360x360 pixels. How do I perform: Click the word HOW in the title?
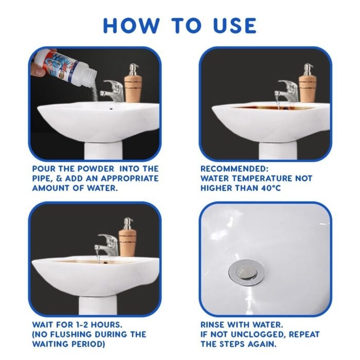point(131,25)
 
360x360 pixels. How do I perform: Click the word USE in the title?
point(235,25)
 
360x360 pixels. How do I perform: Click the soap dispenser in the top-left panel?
point(133,83)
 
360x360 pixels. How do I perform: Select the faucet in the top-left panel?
point(112,91)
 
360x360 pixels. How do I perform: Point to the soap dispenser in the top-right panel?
point(308,83)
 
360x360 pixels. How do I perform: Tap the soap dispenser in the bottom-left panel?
point(128,237)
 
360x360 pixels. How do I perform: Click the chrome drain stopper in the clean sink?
point(246,273)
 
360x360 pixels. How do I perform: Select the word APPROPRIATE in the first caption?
point(130,178)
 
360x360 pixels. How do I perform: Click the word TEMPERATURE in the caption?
point(259,178)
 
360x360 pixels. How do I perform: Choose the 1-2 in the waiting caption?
point(81,325)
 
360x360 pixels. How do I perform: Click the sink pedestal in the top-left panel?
point(103,150)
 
